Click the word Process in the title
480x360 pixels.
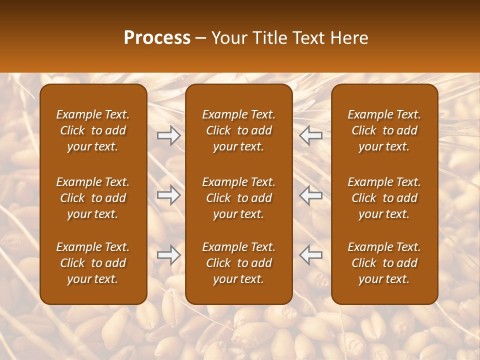coord(157,38)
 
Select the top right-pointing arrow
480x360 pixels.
coord(168,135)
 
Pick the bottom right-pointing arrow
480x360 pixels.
coord(168,255)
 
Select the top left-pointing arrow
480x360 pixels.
coord(311,135)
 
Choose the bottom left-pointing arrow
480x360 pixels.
coord(311,255)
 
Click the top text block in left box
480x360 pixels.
coord(93,130)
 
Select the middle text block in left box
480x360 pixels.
coord(93,198)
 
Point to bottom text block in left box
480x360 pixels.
coord(93,263)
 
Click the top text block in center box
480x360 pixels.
coord(238,130)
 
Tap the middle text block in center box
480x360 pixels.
coord(238,198)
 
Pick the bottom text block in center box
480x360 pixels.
coord(238,263)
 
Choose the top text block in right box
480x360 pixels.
coord(384,130)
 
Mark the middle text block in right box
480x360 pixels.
coord(384,198)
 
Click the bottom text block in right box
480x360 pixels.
coord(384,263)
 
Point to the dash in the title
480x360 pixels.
coord(201,38)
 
